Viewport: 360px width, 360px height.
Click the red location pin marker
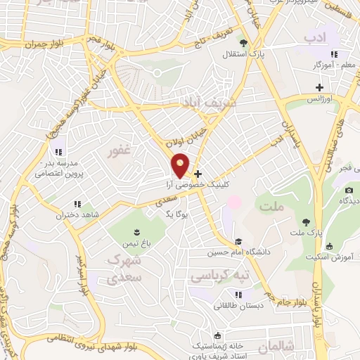coord(181,165)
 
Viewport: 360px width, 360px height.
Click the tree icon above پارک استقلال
coord(244,41)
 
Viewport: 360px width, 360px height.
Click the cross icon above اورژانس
coord(319,87)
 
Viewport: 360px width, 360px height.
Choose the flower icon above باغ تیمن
coord(136,232)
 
